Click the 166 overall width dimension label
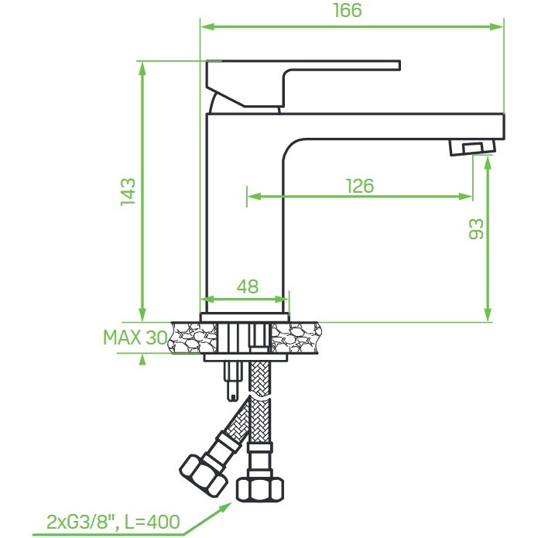click(x=348, y=10)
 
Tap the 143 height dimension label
click(x=129, y=192)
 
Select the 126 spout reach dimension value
click(x=360, y=187)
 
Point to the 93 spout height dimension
click(x=476, y=229)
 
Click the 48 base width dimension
click(x=248, y=286)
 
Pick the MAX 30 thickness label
click(x=135, y=338)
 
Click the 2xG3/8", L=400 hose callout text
click(x=113, y=522)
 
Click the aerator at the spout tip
click(x=472, y=148)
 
